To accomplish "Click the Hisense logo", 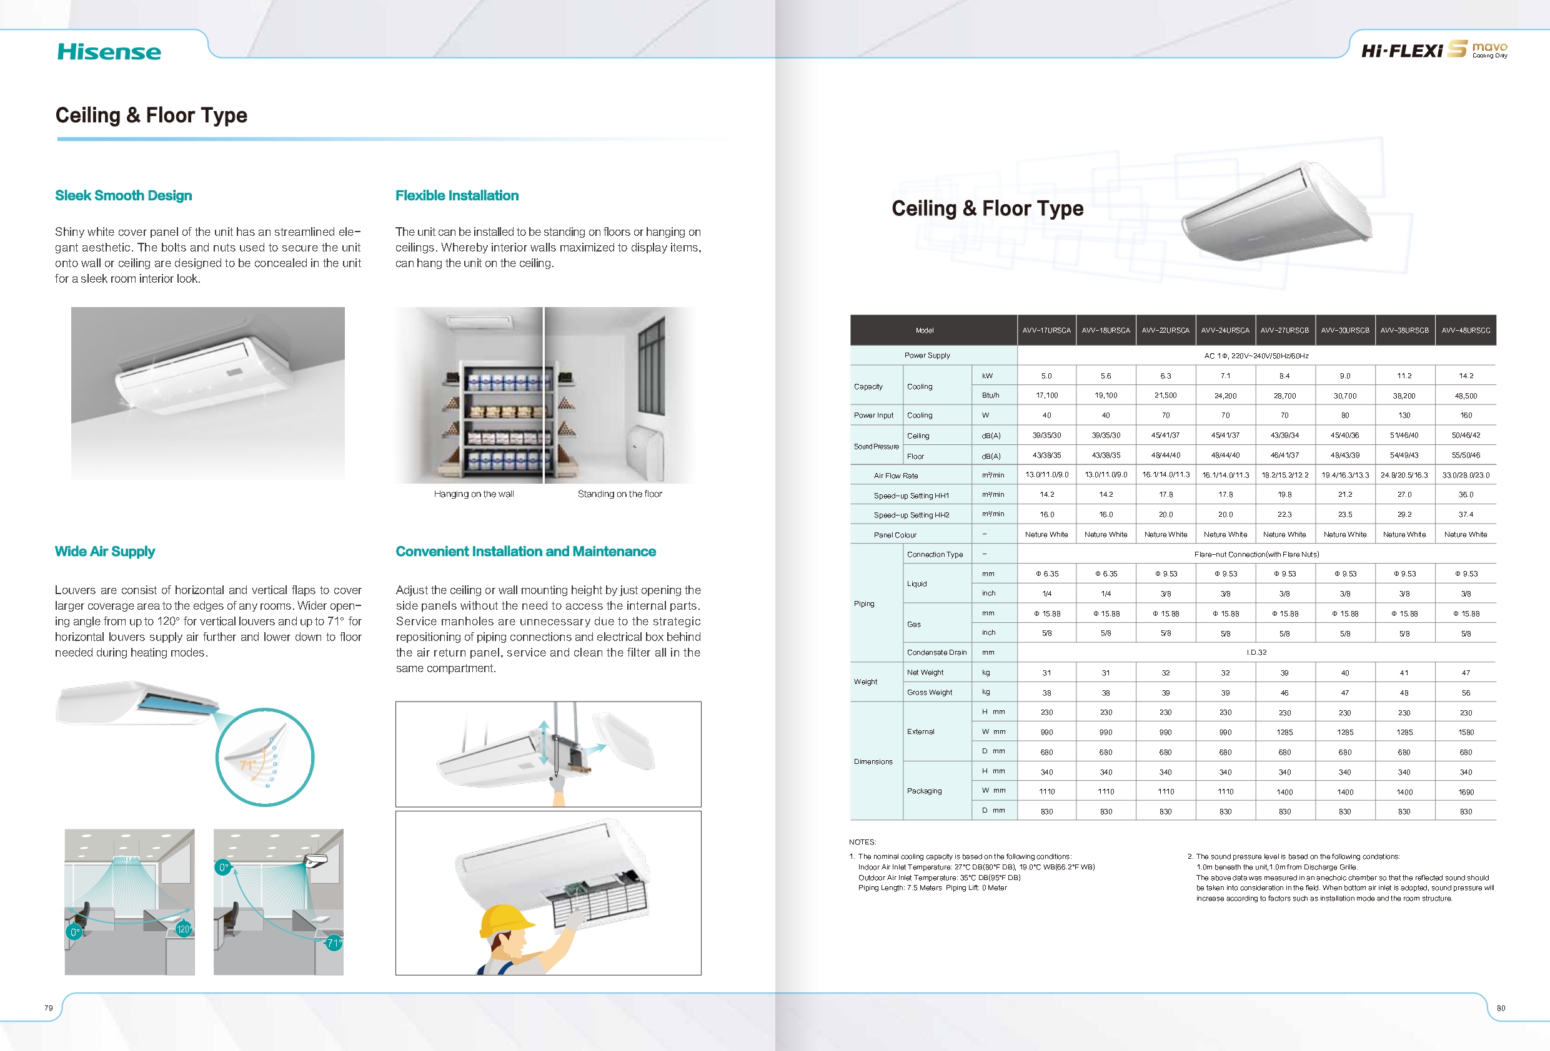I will click(x=109, y=52).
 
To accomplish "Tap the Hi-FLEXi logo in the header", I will click(x=1402, y=51).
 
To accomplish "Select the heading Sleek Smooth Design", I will click(x=123, y=195).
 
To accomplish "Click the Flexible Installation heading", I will click(x=457, y=195).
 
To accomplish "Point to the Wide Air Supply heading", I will click(x=105, y=551).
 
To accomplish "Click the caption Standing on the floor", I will click(x=620, y=494).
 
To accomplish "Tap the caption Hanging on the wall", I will click(x=474, y=494).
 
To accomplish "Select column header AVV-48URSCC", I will click(x=1465, y=331).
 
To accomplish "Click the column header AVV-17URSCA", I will click(x=1046, y=331).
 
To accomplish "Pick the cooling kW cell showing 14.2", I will click(x=1465, y=376).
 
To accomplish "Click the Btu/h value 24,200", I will click(x=1225, y=396).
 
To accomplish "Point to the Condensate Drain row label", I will click(x=936, y=652).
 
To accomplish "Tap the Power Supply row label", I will click(x=927, y=355).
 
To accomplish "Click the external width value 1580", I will click(x=1465, y=733).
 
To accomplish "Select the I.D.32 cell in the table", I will click(x=1256, y=652).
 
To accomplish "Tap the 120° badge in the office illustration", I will click(x=184, y=929).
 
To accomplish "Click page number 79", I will click(x=49, y=1008).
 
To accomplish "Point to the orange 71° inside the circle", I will click(x=248, y=765).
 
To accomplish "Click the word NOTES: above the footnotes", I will click(x=862, y=842).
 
